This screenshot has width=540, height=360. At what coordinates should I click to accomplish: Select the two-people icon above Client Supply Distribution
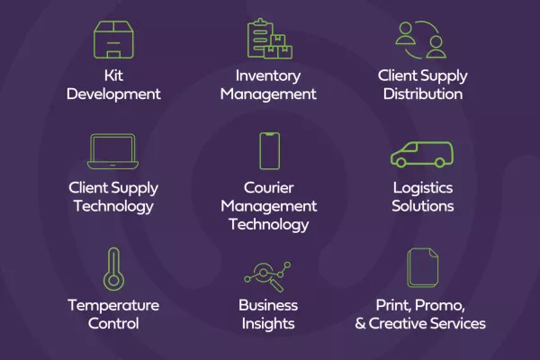[x=420, y=40]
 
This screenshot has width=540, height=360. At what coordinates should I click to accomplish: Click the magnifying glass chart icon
[x=267, y=276]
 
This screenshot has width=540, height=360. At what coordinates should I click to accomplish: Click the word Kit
[x=113, y=76]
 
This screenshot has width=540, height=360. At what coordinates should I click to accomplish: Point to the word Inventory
[x=268, y=76]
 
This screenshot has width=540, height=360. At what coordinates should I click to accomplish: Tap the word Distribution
[x=423, y=94]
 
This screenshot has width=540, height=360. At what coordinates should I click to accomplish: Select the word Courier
[x=268, y=188]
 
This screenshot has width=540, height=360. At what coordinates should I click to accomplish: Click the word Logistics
[x=423, y=189]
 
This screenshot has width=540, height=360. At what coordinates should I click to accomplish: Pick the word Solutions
[x=423, y=206]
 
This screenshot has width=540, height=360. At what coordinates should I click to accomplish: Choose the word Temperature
[x=113, y=306]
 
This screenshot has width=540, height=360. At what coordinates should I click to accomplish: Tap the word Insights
[x=268, y=324]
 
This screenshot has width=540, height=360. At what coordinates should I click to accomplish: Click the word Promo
[x=440, y=306]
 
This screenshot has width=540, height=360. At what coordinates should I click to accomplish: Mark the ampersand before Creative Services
[x=360, y=323]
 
